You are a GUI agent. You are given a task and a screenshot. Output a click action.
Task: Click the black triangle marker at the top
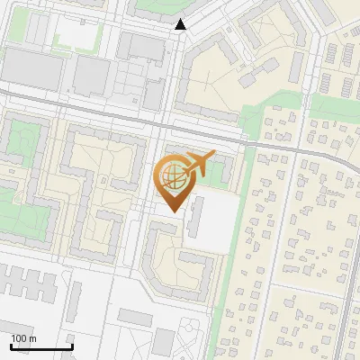pos(181,25)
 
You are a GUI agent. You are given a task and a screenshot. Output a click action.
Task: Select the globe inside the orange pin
pos(172,175)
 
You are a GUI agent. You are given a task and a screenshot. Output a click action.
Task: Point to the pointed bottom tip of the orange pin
pos(173,211)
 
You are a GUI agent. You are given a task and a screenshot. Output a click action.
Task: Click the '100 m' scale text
pos(24,337)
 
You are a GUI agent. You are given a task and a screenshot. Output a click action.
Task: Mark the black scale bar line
pos(41,346)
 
